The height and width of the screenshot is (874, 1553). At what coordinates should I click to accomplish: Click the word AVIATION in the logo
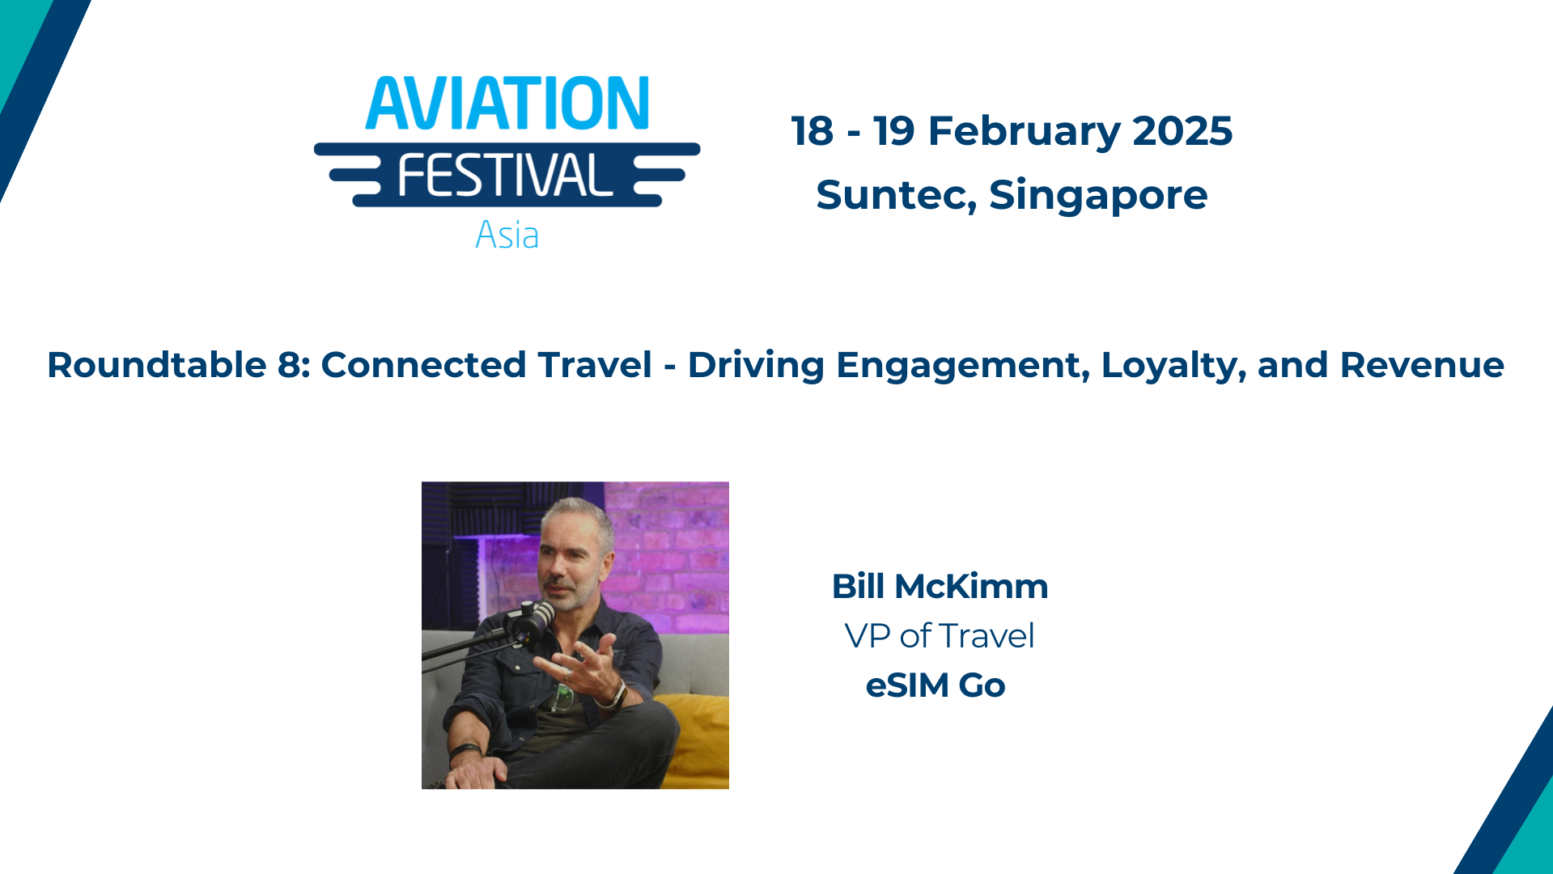coord(507,104)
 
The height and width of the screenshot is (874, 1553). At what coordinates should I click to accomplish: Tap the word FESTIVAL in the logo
coord(505,175)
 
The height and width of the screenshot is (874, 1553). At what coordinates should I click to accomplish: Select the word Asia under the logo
coord(507,235)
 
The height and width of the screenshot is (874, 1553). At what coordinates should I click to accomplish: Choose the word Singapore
coord(1098,195)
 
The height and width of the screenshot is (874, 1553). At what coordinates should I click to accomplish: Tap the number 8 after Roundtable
coord(289,365)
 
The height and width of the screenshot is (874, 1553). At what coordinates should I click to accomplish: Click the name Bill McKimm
coord(940,587)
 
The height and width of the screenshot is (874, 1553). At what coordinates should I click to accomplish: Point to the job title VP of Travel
coord(939,636)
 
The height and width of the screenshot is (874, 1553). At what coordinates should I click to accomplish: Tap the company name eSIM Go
coord(936,685)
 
